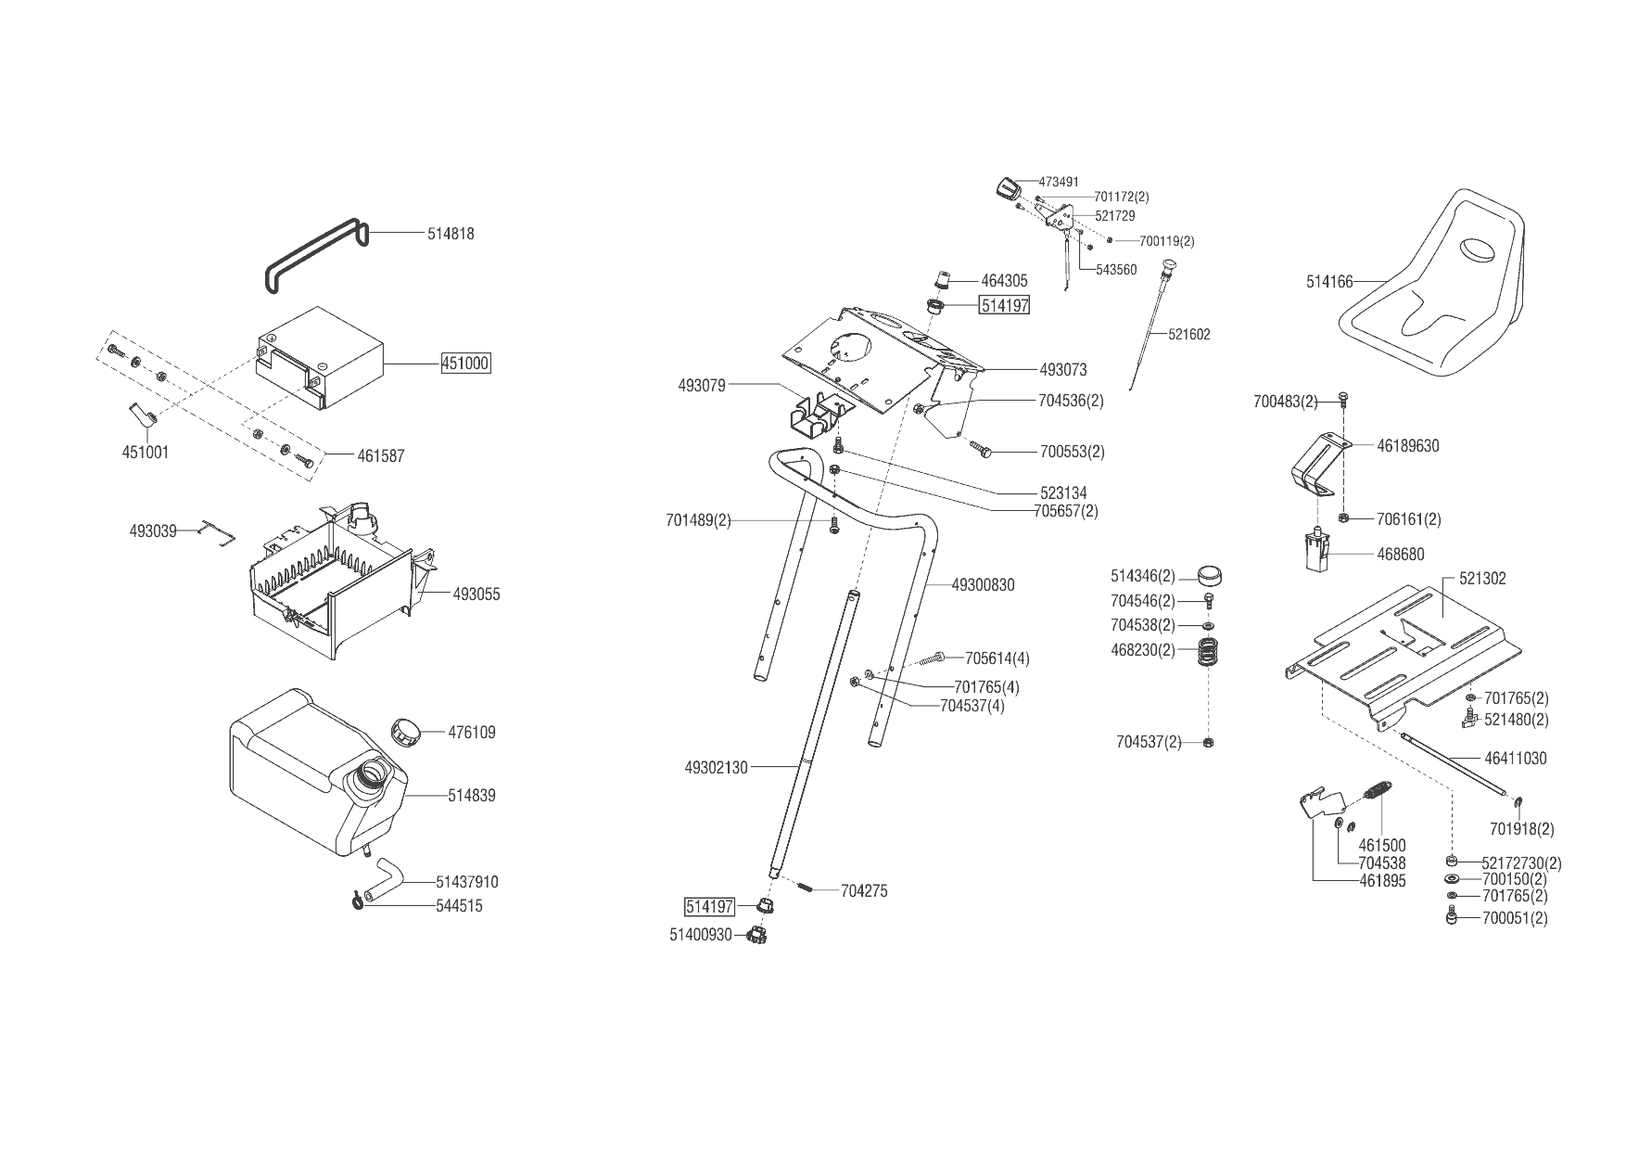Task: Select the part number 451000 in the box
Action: [465, 364]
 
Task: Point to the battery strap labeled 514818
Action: [315, 255]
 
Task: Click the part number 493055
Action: [476, 594]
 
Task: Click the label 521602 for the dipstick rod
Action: [1189, 335]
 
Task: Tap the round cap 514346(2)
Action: [1209, 576]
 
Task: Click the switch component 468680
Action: [1315, 552]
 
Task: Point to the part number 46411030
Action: [1516, 759]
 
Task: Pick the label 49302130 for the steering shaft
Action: [716, 768]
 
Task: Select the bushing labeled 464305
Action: [942, 279]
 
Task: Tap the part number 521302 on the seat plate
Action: [1482, 579]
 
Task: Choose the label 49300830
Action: [983, 585]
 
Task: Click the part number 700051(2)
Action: [1515, 919]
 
